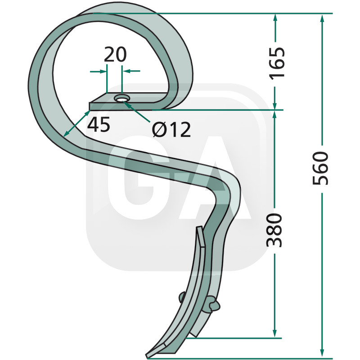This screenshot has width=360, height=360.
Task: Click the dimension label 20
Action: [x=115, y=54]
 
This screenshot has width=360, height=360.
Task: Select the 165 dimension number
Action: [x=277, y=63]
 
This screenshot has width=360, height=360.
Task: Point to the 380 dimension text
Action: [x=274, y=230]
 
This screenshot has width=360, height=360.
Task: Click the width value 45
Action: [x=99, y=124]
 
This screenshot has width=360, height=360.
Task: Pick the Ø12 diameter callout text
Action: [x=171, y=129]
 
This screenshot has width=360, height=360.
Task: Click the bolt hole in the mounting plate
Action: [x=122, y=98]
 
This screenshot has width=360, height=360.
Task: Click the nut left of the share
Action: [x=182, y=297]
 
